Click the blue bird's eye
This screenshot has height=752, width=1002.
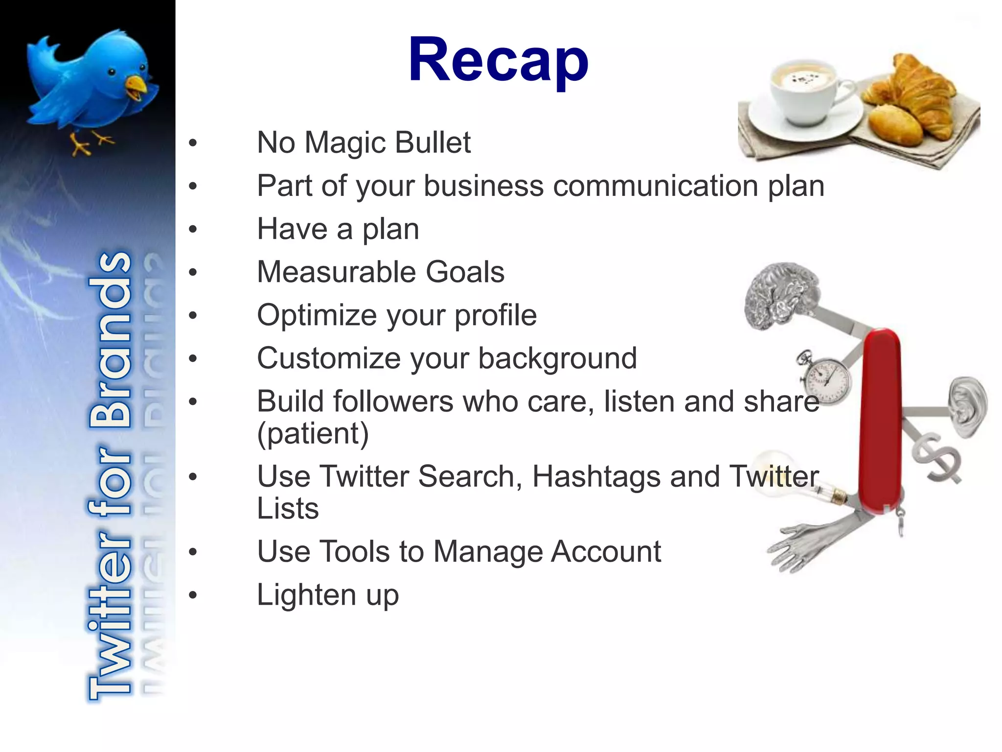click(112, 73)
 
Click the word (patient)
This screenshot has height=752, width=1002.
click(313, 434)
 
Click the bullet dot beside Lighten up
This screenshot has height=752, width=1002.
click(193, 595)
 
